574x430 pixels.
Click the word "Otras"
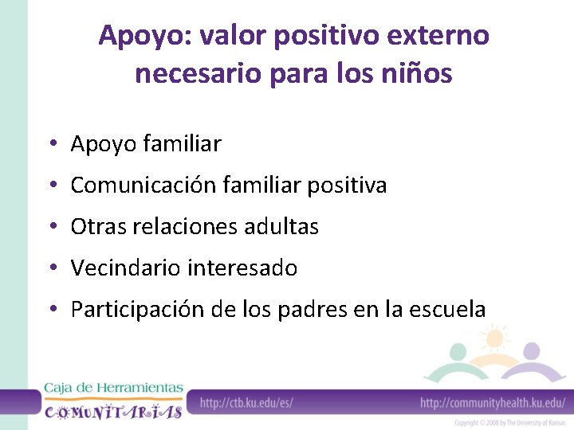pyautogui.click(x=96, y=227)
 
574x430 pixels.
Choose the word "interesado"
pyautogui.click(x=242, y=268)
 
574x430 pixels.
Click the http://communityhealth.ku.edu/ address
pyautogui.click(x=493, y=403)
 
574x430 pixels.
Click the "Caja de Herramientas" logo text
pyautogui.click(x=113, y=388)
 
